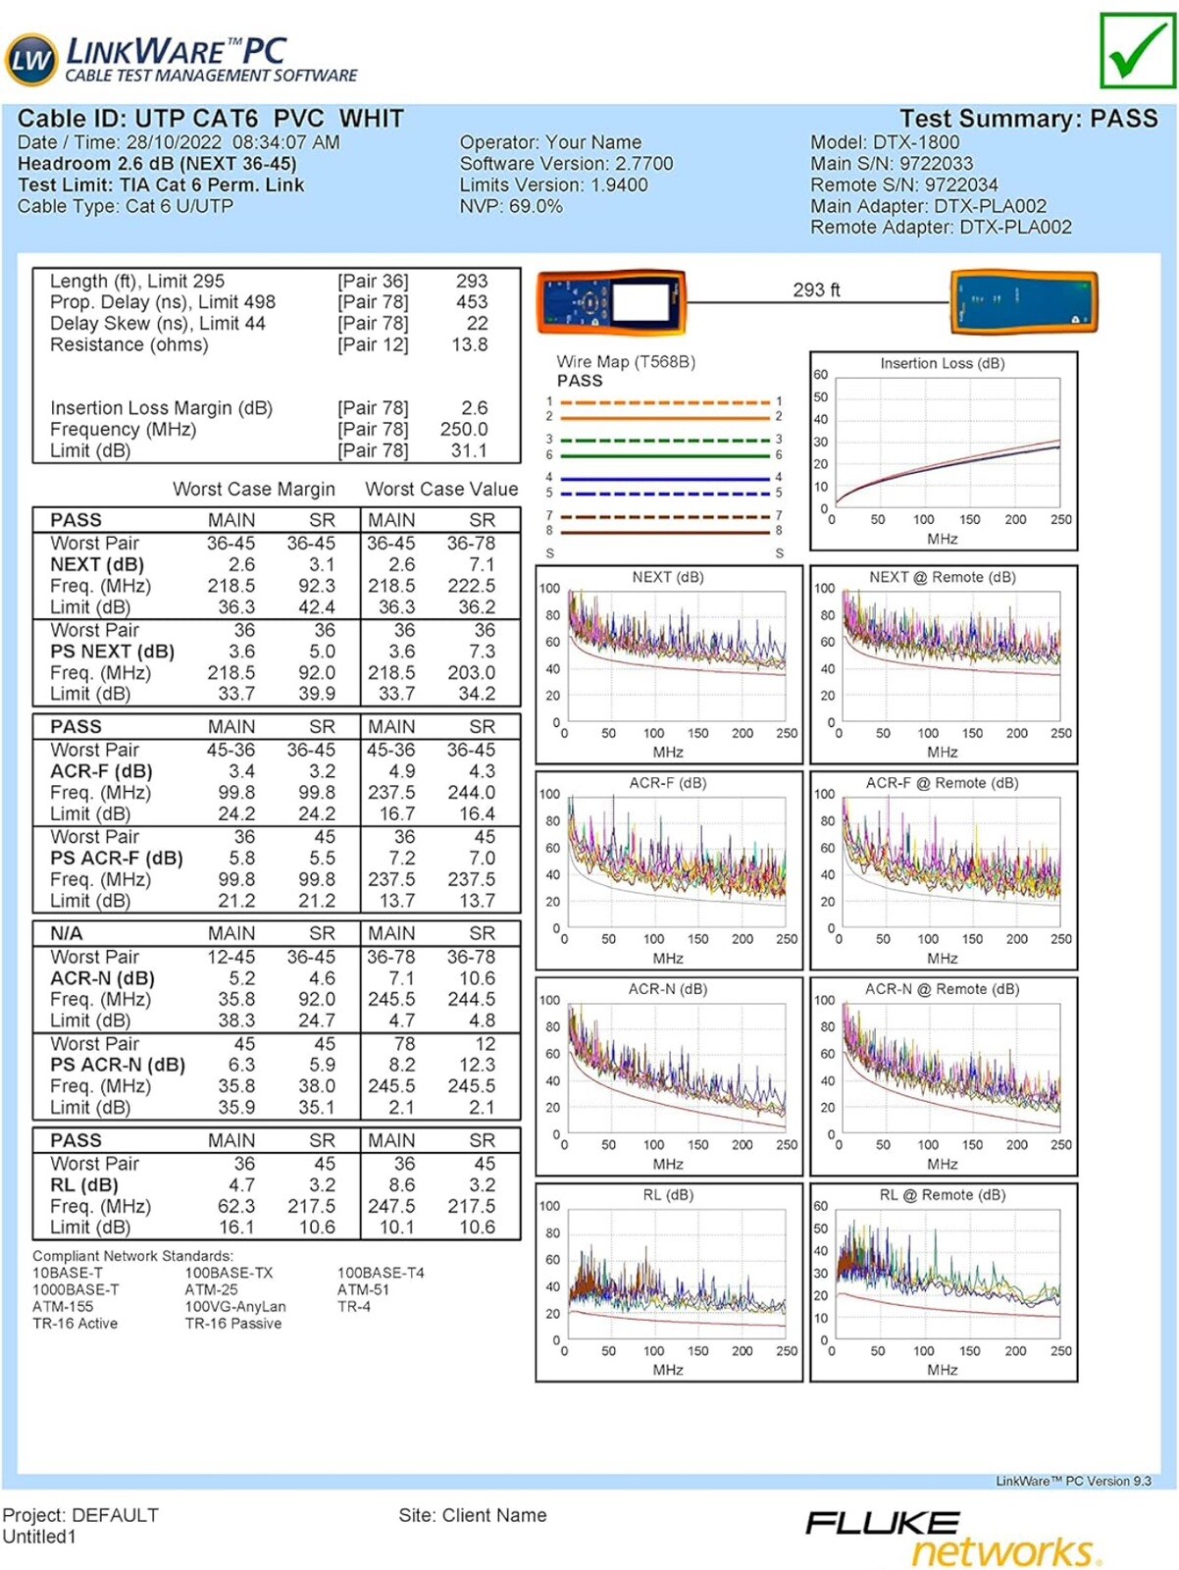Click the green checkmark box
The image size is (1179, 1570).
[x=1139, y=50]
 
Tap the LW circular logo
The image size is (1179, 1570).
[x=30, y=60]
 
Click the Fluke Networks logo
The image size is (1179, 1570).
[x=953, y=1537]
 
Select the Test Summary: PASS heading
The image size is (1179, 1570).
[x=1028, y=118]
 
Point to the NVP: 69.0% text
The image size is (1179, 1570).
[x=510, y=206]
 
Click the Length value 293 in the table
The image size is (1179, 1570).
[x=472, y=281]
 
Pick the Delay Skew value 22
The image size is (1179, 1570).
[x=477, y=323]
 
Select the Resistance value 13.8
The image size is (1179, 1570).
[x=470, y=344]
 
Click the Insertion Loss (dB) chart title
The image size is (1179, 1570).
[x=942, y=363]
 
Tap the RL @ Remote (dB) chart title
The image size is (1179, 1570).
[x=942, y=1194]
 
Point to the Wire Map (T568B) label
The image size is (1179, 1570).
[x=626, y=362]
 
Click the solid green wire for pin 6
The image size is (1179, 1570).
[x=665, y=455]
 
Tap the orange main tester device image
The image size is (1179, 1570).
[x=611, y=302]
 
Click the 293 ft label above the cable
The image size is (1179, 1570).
[x=816, y=289]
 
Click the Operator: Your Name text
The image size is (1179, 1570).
[x=550, y=141]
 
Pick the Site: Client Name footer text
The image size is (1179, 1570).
[x=473, y=1514]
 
